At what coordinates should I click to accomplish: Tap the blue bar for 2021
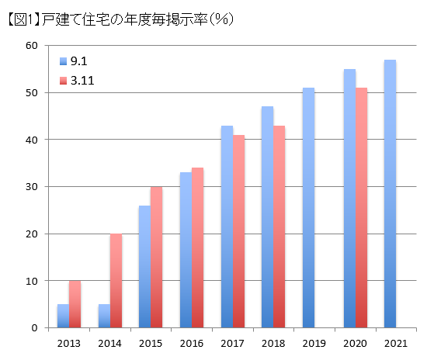point(390,194)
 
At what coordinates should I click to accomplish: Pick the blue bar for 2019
point(308,208)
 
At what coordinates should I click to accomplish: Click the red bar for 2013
point(75,304)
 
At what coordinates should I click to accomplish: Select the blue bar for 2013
point(63,316)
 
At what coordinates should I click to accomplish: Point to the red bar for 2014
point(116,281)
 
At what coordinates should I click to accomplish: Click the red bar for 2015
point(157,257)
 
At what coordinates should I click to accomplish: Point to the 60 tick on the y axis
point(31,46)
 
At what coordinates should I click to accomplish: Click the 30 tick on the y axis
point(31,187)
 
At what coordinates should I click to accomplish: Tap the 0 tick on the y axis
point(34,328)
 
